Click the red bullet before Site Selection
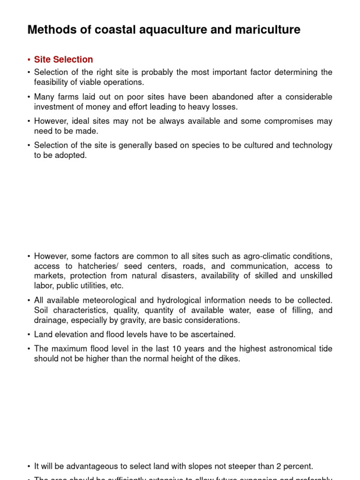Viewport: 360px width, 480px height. [29, 60]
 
